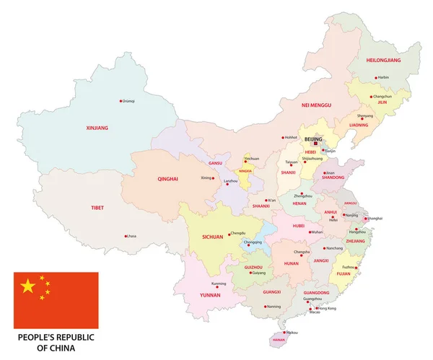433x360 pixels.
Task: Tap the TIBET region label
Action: click(x=97, y=208)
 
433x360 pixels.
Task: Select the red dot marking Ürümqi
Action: click(x=121, y=101)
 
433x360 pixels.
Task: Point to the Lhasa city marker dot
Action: click(x=126, y=236)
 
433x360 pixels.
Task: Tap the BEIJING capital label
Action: click(x=314, y=138)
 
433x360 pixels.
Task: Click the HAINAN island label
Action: click(x=278, y=340)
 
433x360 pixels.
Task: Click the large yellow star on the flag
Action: click(x=28, y=287)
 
